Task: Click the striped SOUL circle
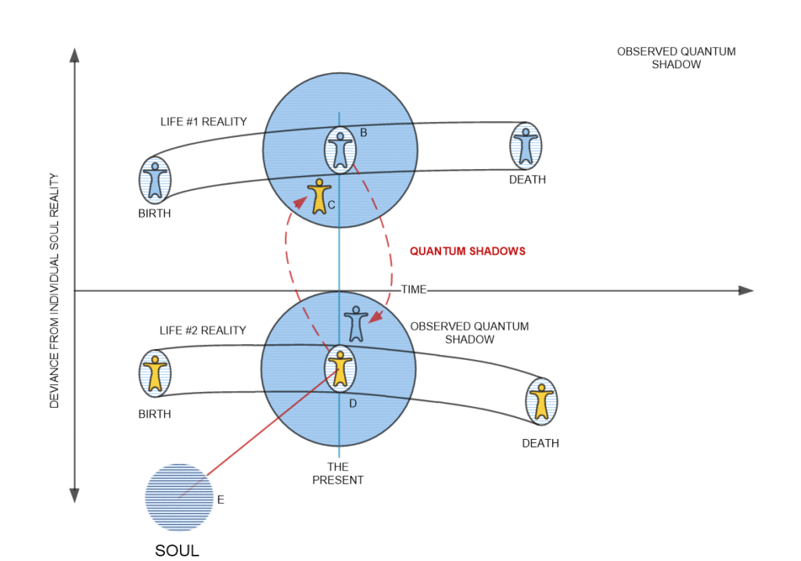[x=179, y=498]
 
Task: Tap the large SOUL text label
[x=177, y=551]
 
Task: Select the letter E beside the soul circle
[x=221, y=500]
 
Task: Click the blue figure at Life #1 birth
[x=155, y=180]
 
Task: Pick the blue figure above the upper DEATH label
[x=526, y=146]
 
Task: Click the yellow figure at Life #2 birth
[x=155, y=372]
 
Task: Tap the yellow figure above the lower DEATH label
[x=541, y=400]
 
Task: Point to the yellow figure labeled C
[x=318, y=196]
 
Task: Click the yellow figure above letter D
[x=339, y=367]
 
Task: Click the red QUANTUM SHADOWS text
[x=468, y=252]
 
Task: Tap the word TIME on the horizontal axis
[x=414, y=289]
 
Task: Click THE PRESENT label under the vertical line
[x=338, y=473]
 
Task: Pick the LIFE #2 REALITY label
[x=201, y=330]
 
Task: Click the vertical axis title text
[x=55, y=289]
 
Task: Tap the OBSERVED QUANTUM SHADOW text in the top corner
[x=676, y=58]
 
